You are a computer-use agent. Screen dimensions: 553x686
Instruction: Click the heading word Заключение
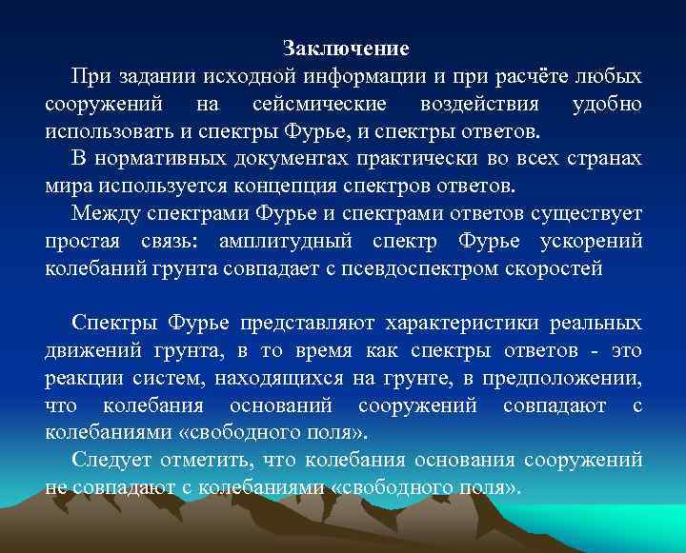(347, 48)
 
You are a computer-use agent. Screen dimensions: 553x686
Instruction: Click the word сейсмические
(319, 103)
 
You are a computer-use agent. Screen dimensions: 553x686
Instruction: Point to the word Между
(102, 213)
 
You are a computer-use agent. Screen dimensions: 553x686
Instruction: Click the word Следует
(105, 462)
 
